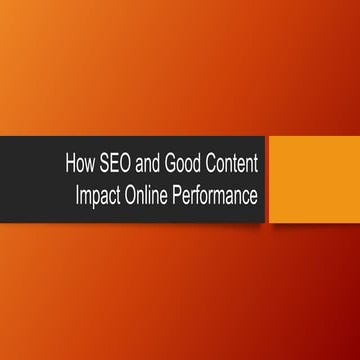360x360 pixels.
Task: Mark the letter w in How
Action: click(x=90, y=166)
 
